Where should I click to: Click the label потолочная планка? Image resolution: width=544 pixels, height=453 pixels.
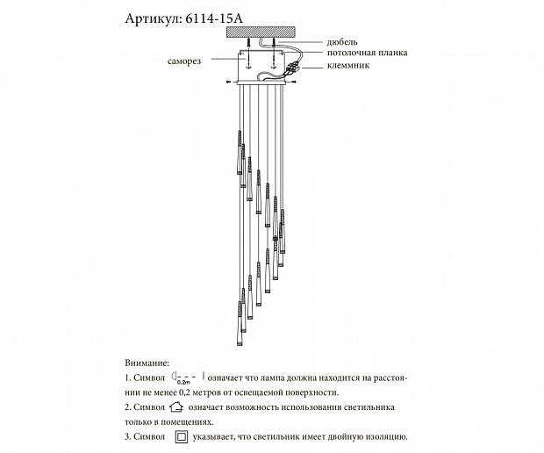[366, 52]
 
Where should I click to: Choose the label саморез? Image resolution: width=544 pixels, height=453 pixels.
[185, 62]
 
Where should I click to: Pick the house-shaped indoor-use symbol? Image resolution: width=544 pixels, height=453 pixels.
[175, 406]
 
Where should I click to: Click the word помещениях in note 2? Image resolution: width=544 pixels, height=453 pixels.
[191, 421]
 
